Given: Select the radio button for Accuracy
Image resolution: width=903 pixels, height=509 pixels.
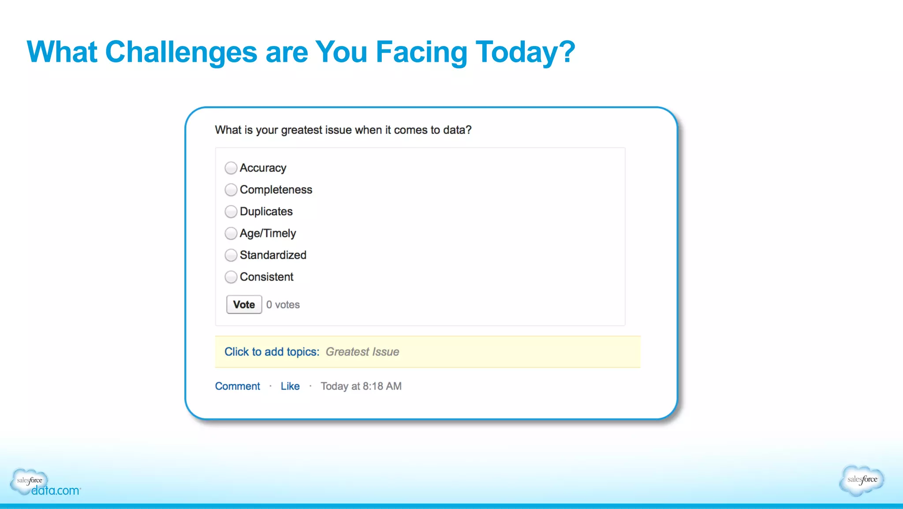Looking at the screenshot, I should pos(231,168).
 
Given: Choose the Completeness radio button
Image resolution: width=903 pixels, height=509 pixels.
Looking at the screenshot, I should pos(231,190).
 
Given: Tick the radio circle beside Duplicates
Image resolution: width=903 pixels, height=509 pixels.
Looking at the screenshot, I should pos(231,211).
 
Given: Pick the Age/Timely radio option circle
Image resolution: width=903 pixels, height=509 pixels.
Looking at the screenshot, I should pos(231,233).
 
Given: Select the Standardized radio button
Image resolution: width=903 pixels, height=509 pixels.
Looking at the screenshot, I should pos(231,255).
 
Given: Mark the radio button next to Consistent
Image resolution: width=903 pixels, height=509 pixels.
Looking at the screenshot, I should pos(231,277).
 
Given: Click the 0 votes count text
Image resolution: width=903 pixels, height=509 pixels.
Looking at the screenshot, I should pos(283,305).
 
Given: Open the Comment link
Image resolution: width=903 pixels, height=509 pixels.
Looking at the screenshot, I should pos(237,386).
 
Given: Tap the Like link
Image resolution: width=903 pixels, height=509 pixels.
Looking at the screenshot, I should pos(290,386).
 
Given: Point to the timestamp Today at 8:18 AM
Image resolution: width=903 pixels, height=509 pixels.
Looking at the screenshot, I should pos(361,386).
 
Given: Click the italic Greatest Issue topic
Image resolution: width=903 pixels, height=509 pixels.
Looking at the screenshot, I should pos(362,352).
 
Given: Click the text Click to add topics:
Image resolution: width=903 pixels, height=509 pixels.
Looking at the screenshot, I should pos(272,352).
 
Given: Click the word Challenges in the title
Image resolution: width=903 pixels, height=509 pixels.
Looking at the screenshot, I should pos(181,52).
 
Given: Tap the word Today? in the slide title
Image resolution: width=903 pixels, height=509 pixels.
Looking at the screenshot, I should pos(525,52).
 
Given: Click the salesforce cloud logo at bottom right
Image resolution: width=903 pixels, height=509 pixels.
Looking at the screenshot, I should pos(862,480).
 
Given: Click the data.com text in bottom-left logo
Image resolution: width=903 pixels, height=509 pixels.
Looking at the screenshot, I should pos(56,490).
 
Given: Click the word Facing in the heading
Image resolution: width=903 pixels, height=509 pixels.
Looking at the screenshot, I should pos(421,52).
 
